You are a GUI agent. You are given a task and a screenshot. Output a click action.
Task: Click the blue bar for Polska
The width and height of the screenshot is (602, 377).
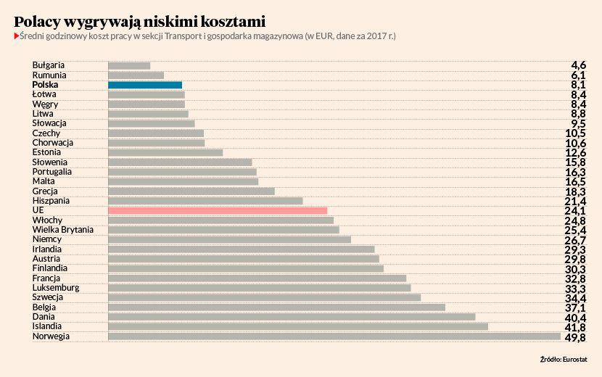click(145, 85)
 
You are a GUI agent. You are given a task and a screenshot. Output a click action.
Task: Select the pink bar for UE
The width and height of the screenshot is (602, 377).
click(218, 210)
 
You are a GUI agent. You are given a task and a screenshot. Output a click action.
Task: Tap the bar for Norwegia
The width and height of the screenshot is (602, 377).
click(334, 336)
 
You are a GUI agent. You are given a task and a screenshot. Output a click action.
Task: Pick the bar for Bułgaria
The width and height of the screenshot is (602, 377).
click(129, 65)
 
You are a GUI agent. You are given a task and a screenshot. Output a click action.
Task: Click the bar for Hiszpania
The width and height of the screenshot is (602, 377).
click(205, 201)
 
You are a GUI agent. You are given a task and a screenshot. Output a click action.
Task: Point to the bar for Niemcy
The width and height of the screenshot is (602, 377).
click(229, 239)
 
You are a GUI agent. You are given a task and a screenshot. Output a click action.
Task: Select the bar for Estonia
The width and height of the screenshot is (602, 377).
click(165, 152)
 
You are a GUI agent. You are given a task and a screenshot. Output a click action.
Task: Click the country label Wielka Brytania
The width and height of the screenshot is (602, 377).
click(63, 230)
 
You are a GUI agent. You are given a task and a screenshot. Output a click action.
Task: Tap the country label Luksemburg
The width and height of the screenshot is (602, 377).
click(56, 288)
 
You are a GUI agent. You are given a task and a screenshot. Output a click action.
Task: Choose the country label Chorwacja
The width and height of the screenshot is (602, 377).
click(53, 143)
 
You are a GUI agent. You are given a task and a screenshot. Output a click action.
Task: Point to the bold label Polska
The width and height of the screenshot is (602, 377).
click(46, 85)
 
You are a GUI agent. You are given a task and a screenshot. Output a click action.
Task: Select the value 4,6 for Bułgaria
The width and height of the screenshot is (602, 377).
click(578, 66)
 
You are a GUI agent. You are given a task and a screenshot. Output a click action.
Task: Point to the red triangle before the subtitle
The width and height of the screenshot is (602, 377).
click(16, 36)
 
